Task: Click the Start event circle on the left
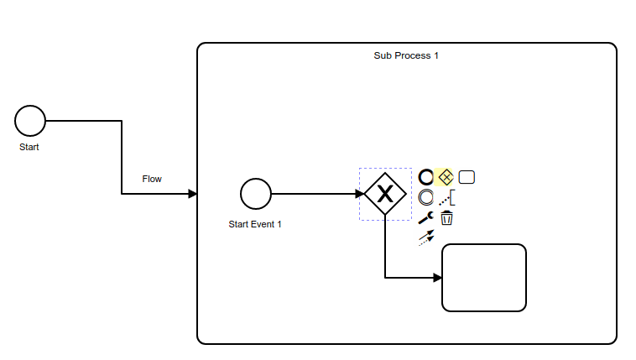(x=30, y=121)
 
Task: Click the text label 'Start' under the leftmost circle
(x=29, y=147)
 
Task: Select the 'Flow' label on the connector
(x=152, y=179)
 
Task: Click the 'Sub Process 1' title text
(x=406, y=55)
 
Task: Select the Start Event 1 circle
(x=256, y=194)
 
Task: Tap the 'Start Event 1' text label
(x=255, y=224)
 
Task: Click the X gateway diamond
(x=385, y=194)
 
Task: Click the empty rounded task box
(x=484, y=278)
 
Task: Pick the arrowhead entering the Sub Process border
(x=192, y=194)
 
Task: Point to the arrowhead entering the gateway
(x=359, y=194)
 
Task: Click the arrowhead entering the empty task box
(x=437, y=278)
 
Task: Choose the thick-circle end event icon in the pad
(x=426, y=177)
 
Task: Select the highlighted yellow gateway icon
(x=446, y=177)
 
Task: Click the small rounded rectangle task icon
(x=467, y=177)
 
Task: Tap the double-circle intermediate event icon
(x=426, y=198)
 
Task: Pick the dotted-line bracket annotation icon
(x=447, y=198)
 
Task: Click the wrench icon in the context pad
(x=426, y=218)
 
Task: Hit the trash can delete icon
(x=447, y=218)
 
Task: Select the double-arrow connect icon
(x=426, y=237)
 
